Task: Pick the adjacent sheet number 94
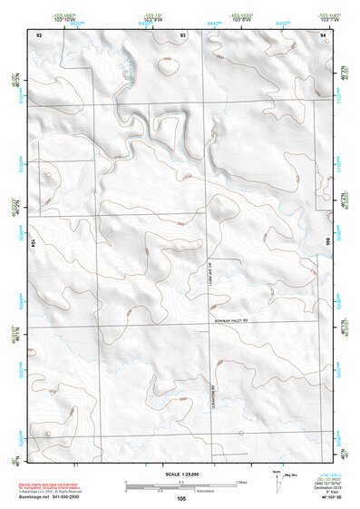tap(324, 33)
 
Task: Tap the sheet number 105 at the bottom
tap(181, 498)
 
